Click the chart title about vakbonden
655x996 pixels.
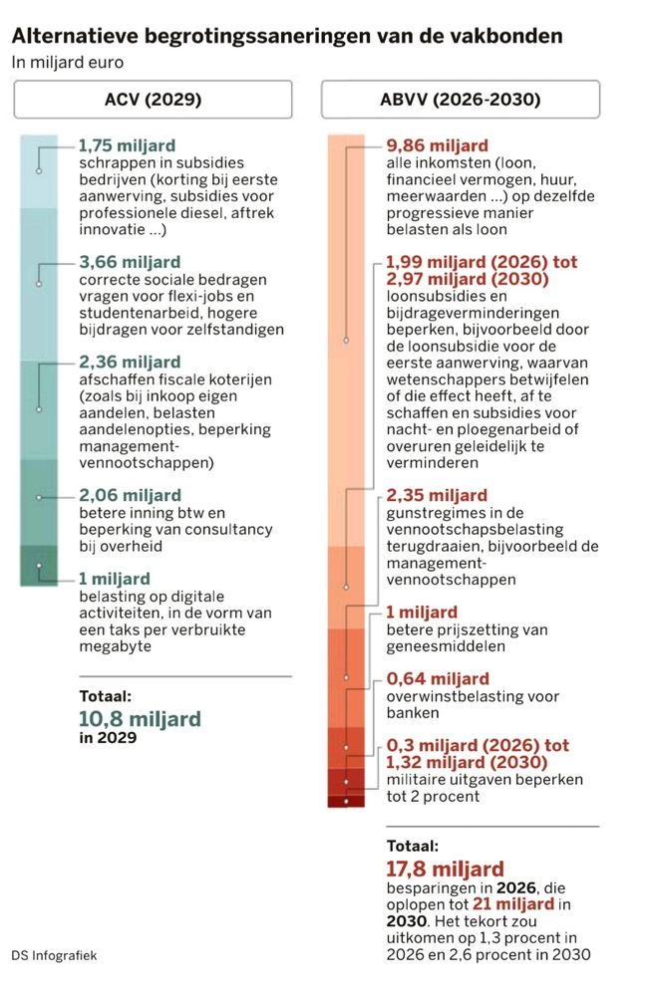(x=287, y=36)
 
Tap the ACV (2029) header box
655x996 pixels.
(x=153, y=100)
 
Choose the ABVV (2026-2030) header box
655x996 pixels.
(x=460, y=100)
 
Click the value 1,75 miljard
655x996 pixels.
(x=130, y=145)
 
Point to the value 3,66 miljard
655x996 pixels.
(x=130, y=264)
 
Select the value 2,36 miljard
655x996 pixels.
(x=130, y=362)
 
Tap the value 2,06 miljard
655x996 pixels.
(x=130, y=495)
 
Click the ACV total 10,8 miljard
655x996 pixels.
(x=140, y=718)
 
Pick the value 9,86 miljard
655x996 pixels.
(x=437, y=145)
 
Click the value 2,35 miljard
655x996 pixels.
(x=437, y=495)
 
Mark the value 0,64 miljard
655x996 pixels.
(x=437, y=678)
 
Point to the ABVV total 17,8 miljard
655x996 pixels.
(x=445, y=869)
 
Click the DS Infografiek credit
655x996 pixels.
(x=55, y=955)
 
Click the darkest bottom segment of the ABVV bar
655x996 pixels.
(x=345, y=801)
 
